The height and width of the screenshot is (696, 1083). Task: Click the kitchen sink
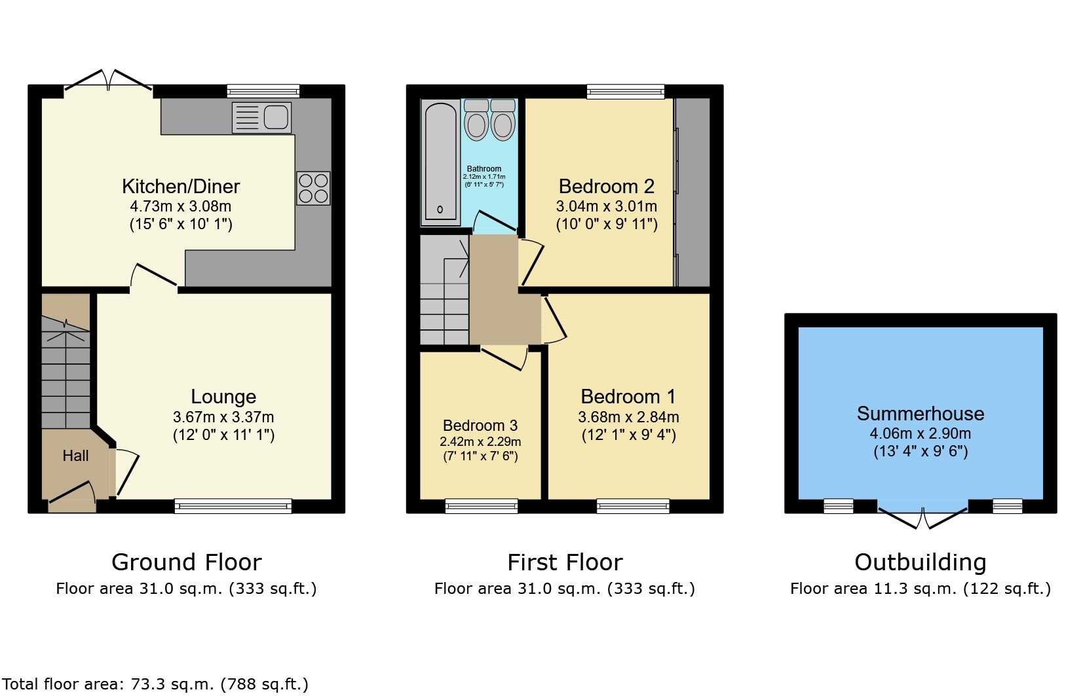point(261,117)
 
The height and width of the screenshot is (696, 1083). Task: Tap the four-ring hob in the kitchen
point(313,189)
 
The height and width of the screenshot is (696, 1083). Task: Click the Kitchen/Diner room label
point(181,186)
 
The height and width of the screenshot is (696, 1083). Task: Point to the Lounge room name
point(223,396)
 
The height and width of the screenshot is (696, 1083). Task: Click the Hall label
point(75,455)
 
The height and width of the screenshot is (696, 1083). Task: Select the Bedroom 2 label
point(606,186)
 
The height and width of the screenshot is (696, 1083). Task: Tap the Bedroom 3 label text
point(480,426)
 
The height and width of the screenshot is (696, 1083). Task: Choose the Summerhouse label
point(921,413)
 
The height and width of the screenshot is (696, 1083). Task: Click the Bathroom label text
point(484,169)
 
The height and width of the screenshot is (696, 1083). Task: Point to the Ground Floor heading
point(187,562)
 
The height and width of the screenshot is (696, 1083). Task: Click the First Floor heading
point(565,562)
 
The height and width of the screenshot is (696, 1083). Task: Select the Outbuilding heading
point(921,562)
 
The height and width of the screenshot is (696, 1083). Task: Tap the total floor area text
point(155,684)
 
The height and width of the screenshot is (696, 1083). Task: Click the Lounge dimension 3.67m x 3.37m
point(223,416)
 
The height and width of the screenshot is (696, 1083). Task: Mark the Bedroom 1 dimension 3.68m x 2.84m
point(628,416)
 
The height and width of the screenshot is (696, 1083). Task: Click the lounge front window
point(233,506)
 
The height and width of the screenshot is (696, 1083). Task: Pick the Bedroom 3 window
point(482,506)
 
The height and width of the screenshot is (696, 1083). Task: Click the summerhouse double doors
point(922,517)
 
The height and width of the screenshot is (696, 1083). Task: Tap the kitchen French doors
point(109,81)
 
